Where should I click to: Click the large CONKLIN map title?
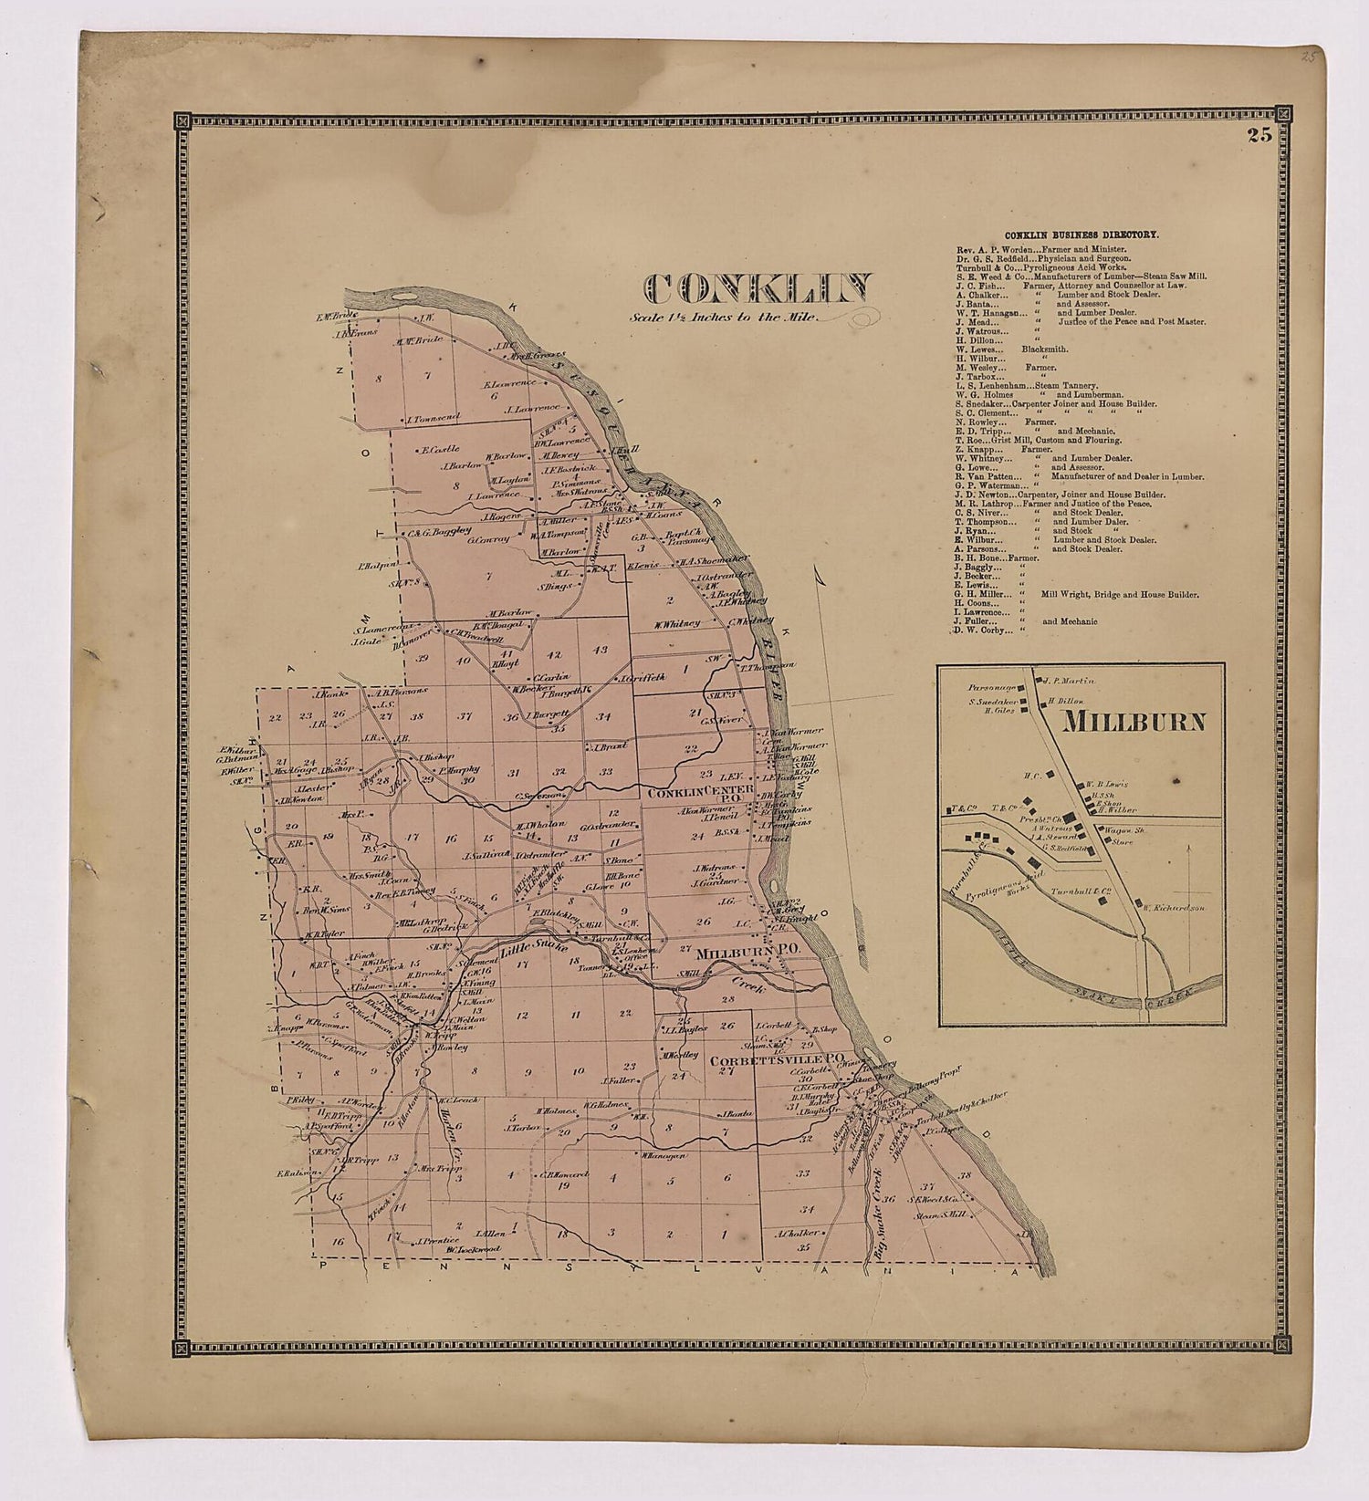(758, 288)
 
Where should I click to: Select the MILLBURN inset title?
(1134, 722)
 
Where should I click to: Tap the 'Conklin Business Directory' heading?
(1082, 235)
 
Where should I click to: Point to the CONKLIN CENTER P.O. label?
(699, 797)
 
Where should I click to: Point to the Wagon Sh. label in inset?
(1118, 829)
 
